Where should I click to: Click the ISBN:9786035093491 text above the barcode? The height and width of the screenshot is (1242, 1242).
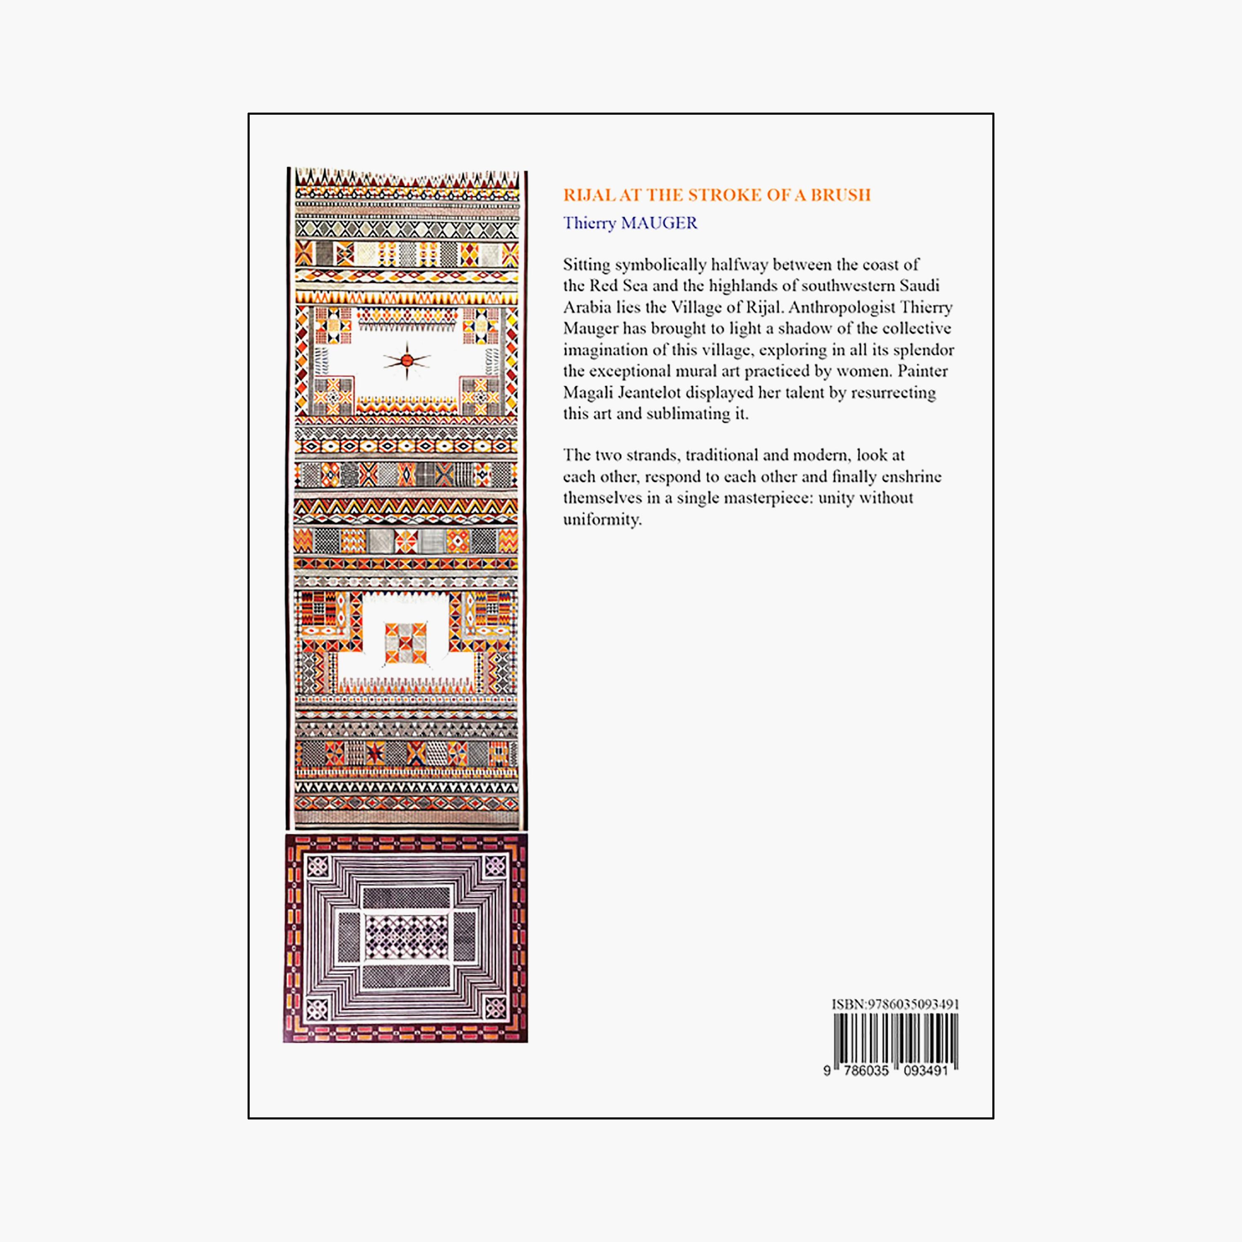pyautogui.click(x=895, y=1004)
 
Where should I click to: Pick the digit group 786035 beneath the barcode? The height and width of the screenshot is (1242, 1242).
pyautogui.click(x=866, y=1070)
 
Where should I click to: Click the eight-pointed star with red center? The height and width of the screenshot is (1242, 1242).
pyautogui.click(x=407, y=361)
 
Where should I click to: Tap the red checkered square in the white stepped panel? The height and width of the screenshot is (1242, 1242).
pyautogui.click(x=406, y=643)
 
